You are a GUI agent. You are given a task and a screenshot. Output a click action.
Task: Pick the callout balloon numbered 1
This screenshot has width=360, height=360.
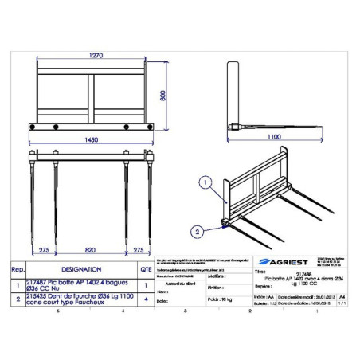click(205, 181)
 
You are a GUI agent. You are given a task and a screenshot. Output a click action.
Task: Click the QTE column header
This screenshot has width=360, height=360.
click(146, 270)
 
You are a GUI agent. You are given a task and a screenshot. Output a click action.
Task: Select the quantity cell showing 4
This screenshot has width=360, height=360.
click(146, 299)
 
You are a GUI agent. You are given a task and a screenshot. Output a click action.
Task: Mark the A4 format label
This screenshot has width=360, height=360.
click(343, 294)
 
